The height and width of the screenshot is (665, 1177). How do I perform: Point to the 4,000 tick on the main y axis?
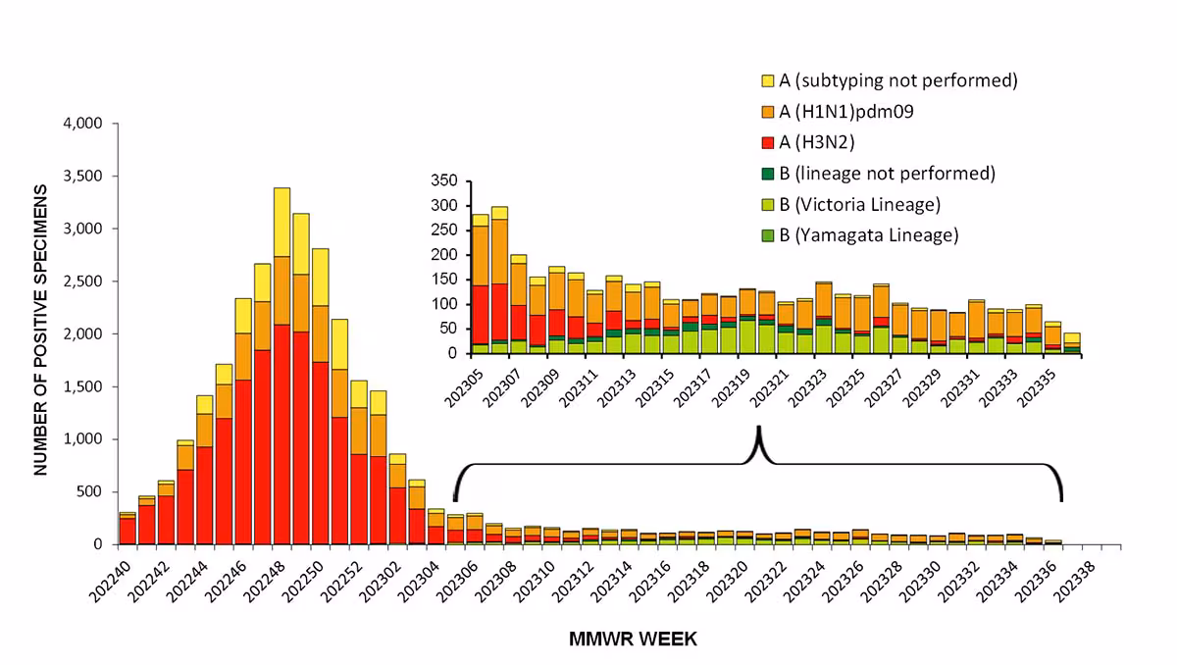tap(82, 124)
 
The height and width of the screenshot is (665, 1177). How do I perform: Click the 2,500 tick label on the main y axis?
tap(82, 281)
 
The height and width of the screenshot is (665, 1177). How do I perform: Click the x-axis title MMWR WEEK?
tap(633, 639)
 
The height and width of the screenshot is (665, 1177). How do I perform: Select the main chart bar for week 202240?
tap(128, 529)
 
